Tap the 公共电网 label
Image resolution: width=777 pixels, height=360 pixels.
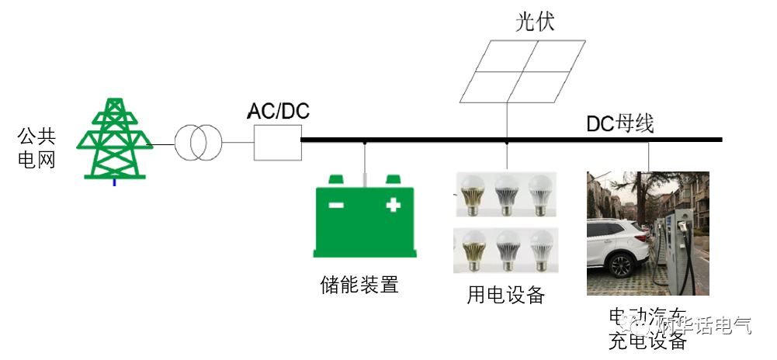tap(36, 149)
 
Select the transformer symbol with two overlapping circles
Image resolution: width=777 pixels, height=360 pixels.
tap(198, 143)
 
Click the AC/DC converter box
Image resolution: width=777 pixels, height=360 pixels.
tap(277, 143)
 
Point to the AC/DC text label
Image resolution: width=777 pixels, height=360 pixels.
tap(278, 111)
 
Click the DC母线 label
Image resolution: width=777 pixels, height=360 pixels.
tap(620, 123)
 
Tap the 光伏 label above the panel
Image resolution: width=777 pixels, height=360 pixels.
tap(536, 22)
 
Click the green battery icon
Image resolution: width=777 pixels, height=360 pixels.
tap(365, 218)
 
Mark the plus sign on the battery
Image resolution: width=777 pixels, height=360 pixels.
tap(393, 205)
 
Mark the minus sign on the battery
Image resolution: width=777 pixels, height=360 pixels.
tap(336, 206)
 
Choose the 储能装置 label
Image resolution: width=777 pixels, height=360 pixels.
tap(359, 285)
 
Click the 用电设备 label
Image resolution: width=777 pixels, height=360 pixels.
tap(506, 295)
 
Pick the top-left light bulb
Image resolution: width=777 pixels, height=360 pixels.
tap(473, 193)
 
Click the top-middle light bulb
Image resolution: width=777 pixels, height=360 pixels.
tap(506, 193)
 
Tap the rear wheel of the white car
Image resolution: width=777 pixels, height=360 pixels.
tap(621, 265)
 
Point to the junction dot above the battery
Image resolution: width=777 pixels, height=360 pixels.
tap(365, 142)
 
